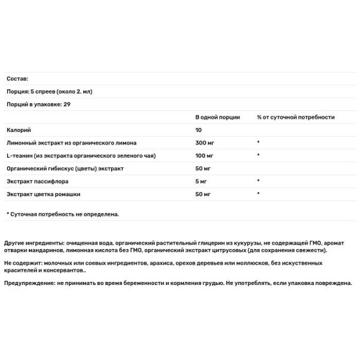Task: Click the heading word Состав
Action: (x=17, y=79)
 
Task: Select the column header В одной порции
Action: (x=217, y=117)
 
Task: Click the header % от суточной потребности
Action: (x=295, y=117)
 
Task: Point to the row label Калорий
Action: (x=17, y=130)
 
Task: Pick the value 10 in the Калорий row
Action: (x=199, y=130)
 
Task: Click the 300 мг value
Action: (x=205, y=143)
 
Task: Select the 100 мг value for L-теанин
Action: (x=205, y=155)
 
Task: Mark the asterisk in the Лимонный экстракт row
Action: (x=257, y=143)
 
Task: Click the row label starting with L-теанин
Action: (x=81, y=155)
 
